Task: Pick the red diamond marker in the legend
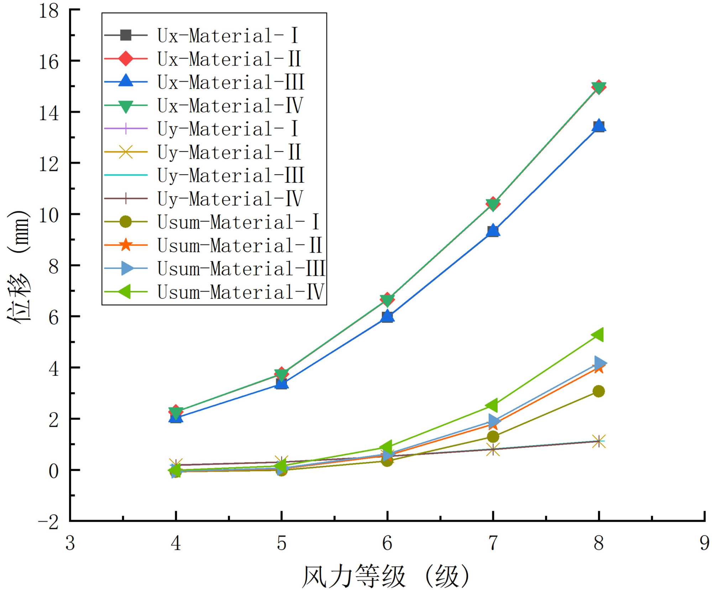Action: click(125, 58)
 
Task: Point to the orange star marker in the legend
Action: click(125, 245)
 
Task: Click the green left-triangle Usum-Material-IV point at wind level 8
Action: click(598, 334)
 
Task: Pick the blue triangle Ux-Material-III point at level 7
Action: click(493, 230)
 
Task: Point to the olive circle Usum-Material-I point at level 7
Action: click(493, 437)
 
